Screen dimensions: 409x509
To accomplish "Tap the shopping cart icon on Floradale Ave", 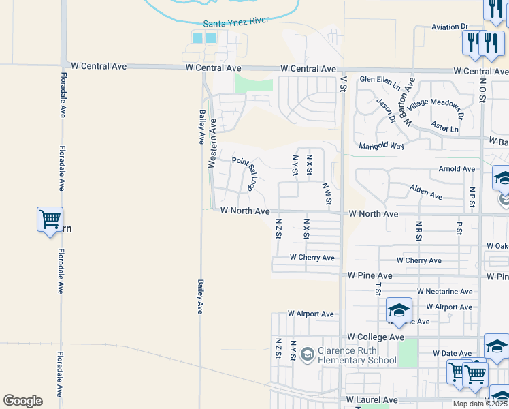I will click(50, 219).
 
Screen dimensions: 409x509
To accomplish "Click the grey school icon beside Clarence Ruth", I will click(307, 353).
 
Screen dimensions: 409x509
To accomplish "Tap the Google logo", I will click(22, 401).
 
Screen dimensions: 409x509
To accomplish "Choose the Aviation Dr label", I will click(450, 27).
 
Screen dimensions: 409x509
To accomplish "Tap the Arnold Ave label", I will click(457, 168).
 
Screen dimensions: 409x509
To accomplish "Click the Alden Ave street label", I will click(426, 192).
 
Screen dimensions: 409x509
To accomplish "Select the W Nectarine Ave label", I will click(444, 292).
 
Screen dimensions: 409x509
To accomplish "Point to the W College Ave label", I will click(376, 337).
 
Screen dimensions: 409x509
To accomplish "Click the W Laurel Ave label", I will click(372, 399).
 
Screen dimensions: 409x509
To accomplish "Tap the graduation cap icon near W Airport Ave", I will click(399, 310).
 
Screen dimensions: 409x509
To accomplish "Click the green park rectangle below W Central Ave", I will click(253, 84).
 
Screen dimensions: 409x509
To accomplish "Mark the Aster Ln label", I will click(445, 127).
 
